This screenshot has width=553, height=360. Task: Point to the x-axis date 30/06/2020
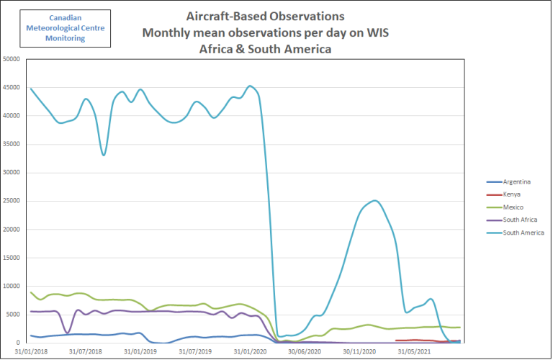tap(305, 352)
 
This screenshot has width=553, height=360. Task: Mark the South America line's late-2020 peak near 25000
tap(374, 201)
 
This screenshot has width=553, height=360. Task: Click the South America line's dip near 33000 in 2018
tap(104, 155)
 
